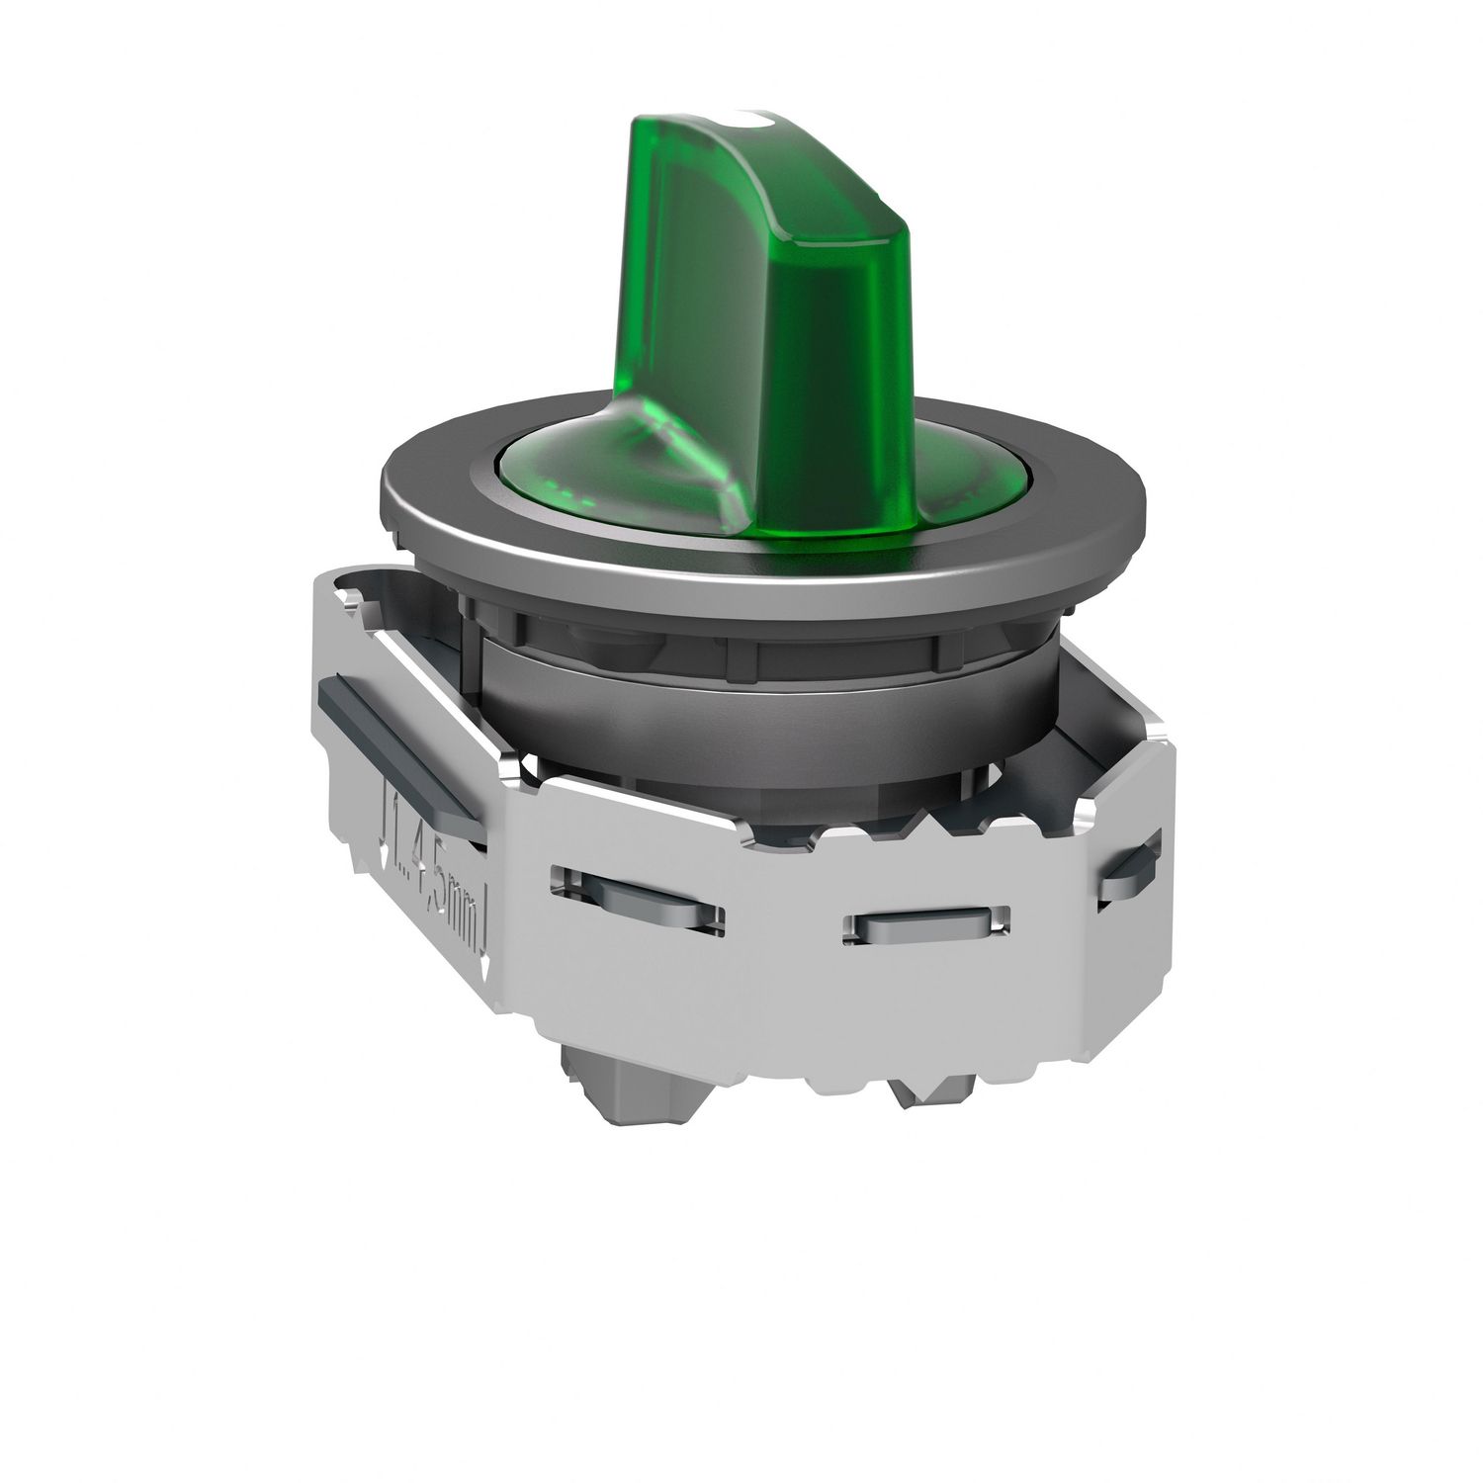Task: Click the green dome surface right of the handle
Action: tap(919, 475)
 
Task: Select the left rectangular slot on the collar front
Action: tap(638, 895)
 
